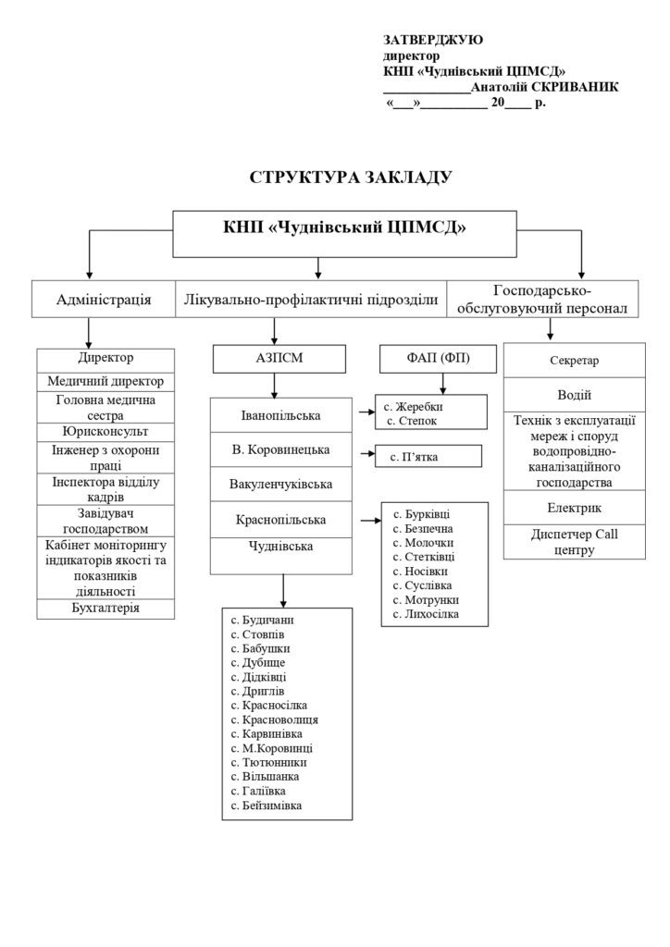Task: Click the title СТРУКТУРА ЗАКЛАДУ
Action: (x=351, y=176)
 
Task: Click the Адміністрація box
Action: (x=104, y=299)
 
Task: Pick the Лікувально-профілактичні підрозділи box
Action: (x=311, y=299)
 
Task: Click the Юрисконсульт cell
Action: (x=106, y=431)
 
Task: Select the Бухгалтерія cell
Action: (x=106, y=608)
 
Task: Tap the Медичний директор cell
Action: (x=106, y=381)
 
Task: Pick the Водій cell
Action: (x=575, y=395)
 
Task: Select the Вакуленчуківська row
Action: (x=282, y=484)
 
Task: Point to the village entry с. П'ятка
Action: (x=414, y=456)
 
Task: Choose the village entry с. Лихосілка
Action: (x=426, y=614)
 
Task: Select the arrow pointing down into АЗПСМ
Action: (x=274, y=333)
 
